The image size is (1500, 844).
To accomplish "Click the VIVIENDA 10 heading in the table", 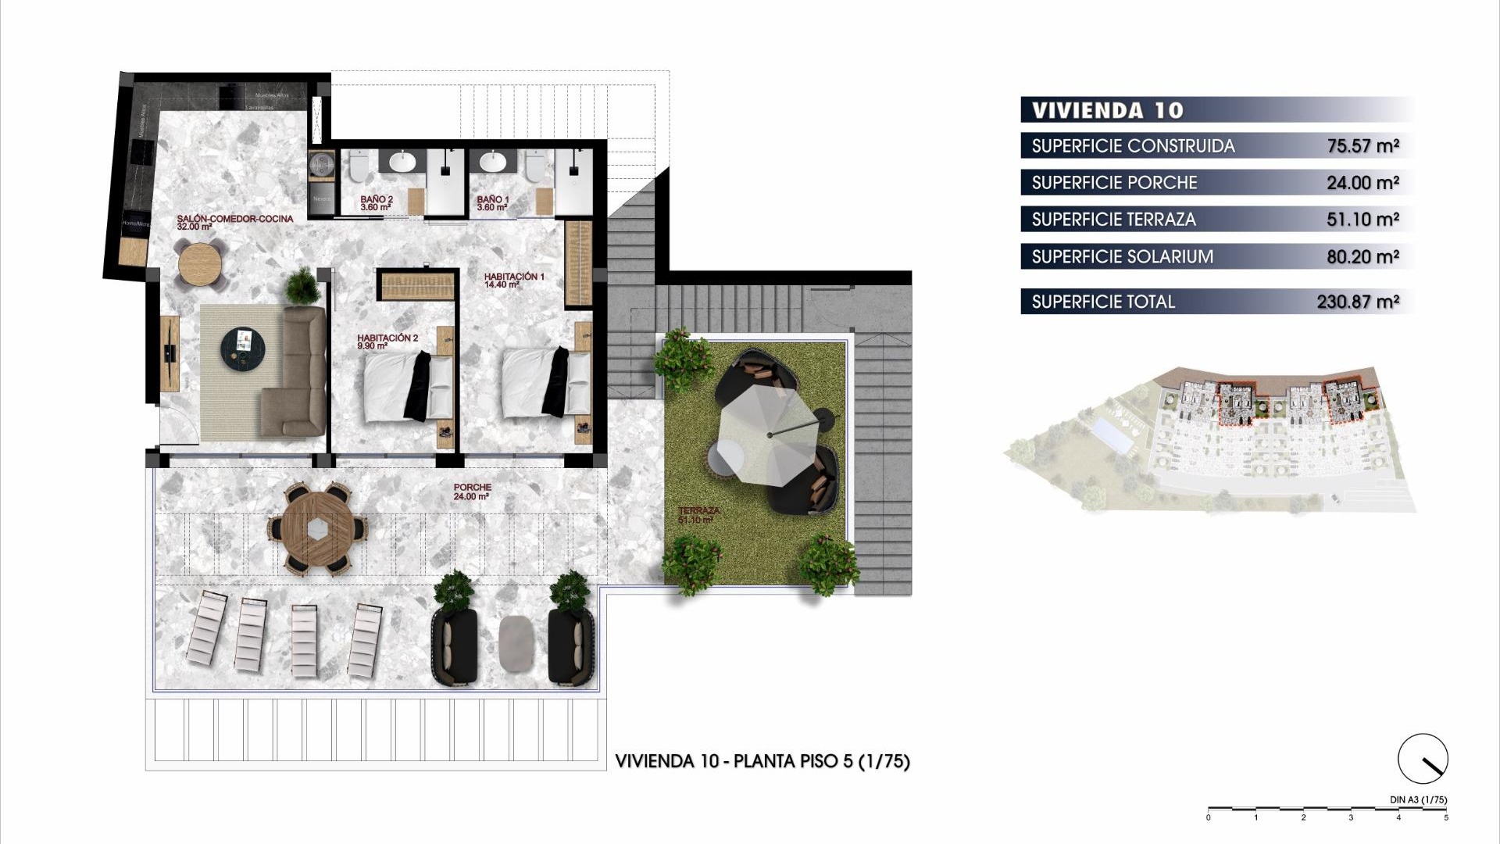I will pos(1107,110).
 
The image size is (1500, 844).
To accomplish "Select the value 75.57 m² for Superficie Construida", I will pos(1362,146).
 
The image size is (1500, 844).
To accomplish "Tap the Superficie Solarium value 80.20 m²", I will pos(1362,256).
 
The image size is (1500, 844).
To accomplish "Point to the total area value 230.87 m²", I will pos(1357,302).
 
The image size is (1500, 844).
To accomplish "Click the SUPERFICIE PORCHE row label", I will pos(1114,183).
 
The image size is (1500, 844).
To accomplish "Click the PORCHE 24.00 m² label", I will pos(472,491).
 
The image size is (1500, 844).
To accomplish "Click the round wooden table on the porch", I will pos(317,529).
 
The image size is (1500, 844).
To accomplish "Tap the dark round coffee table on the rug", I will pos(242,348).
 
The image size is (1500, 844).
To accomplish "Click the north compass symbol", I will pos(1423,759).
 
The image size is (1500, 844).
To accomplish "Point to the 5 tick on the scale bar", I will pos(1445,817).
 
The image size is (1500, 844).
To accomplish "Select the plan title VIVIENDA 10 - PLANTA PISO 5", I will pos(762,761).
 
